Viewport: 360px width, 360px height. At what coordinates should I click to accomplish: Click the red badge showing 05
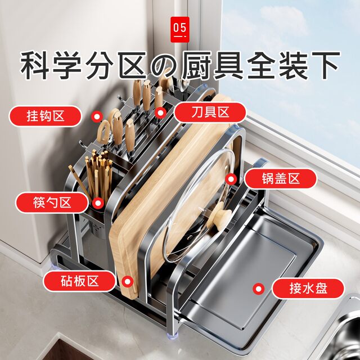(180, 28)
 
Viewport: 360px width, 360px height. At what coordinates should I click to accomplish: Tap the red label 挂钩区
(46, 116)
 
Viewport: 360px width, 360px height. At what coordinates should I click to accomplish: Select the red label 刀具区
(209, 112)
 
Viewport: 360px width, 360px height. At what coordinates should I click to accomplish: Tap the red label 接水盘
(308, 289)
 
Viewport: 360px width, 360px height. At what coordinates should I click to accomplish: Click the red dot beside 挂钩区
(97, 117)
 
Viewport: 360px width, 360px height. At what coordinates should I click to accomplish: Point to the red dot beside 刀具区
(161, 113)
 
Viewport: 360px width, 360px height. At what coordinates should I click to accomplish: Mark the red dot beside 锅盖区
(230, 179)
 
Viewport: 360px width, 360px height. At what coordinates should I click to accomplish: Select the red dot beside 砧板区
(128, 281)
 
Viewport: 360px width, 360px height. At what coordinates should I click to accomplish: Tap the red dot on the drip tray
(259, 289)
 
